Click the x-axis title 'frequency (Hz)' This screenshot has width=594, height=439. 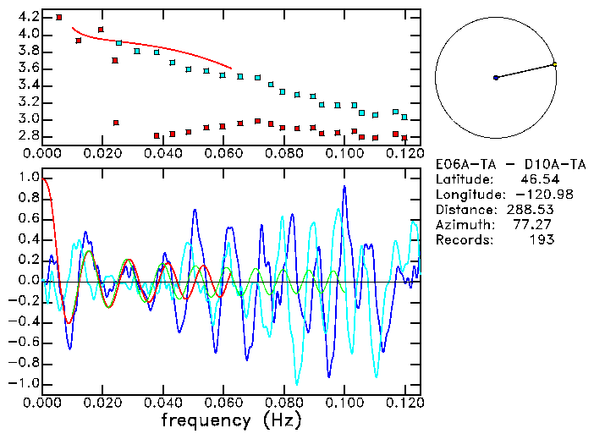pos(230,420)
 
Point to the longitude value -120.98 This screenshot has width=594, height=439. pos(532,195)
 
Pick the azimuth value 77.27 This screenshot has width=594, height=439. pos(537,225)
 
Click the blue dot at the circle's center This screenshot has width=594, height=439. pos(496,78)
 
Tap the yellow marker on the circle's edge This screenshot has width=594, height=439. pos(554,64)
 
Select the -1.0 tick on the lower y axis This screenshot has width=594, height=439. pos(25,383)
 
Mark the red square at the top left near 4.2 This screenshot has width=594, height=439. pos(58,17)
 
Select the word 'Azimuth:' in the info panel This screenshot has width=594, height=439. pos(463,225)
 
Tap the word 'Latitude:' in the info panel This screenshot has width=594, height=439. pos(466,179)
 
